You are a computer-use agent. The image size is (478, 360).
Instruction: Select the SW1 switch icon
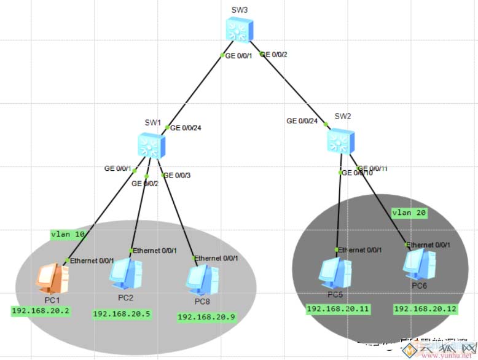pyautogui.click(x=151, y=145)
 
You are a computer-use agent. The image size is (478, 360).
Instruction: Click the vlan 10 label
pyautogui.click(x=68, y=234)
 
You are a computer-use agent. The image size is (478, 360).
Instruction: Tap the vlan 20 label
pyautogui.click(x=409, y=213)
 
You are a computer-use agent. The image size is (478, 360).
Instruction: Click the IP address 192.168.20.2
pyautogui.click(x=41, y=311)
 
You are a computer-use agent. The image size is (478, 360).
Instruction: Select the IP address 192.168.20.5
pyautogui.click(x=122, y=314)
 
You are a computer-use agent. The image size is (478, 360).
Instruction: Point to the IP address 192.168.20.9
pyautogui.click(x=207, y=317)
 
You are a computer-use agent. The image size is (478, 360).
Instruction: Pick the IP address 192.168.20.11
pyautogui.click(x=338, y=309)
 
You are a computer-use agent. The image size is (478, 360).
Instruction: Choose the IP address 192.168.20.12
pyautogui.click(x=425, y=309)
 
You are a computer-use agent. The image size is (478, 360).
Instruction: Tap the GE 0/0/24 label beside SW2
pyautogui.click(x=302, y=121)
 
